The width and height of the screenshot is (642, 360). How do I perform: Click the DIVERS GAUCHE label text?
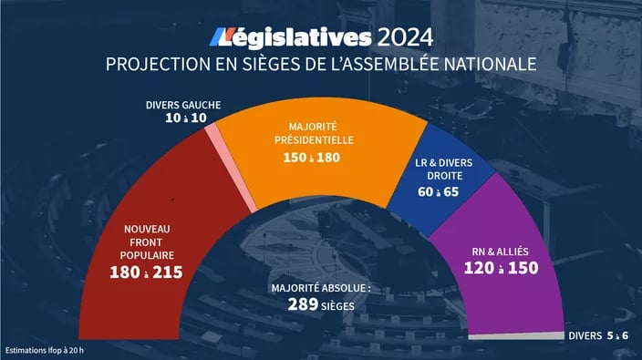(182, 104)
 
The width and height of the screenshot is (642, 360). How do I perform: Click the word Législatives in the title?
(291, 37)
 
